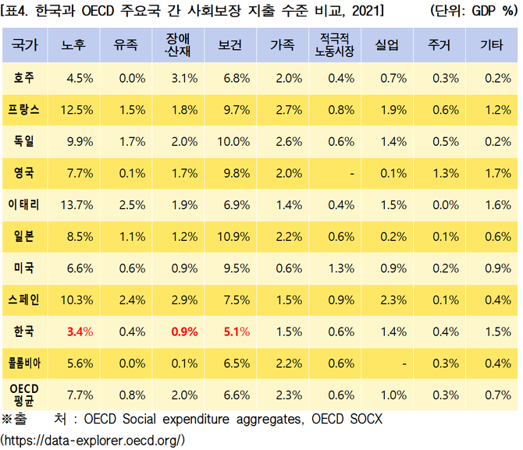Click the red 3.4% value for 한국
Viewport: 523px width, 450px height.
pos(80,331)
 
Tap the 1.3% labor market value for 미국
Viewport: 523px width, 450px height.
pos(341,268)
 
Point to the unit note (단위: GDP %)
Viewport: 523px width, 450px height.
pos(473,12)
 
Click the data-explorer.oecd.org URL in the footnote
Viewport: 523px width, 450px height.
pos(94,440)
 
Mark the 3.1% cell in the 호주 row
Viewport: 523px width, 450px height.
pos(183,78)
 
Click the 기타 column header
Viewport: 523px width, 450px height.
pos(489,46)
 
